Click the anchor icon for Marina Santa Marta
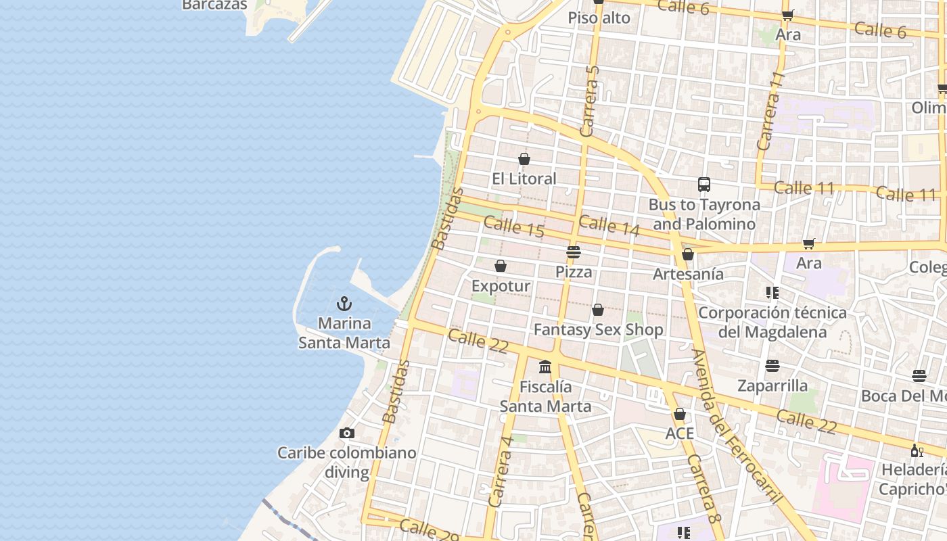coord(345,304)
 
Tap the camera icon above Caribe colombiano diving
coord(347,433)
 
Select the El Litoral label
coord(524,179)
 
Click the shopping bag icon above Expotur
coord(501,266)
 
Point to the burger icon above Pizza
coord(574,252)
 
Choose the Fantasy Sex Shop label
coord(599,329)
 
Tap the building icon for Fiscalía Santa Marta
coord(545,367)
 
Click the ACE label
coord(680,433)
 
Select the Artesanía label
coord(688,274)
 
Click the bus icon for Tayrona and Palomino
coord(704,184)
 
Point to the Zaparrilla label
coord(772,385)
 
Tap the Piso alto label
coord(599,18)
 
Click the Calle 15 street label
coord(514,227)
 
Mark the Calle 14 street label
coord(609,225)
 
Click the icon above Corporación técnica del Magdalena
coord(772,293)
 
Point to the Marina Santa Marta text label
coord(344,333)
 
